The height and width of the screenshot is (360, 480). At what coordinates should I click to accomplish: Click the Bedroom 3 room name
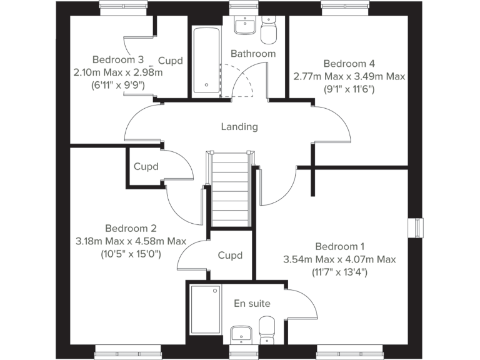tap(118, 60)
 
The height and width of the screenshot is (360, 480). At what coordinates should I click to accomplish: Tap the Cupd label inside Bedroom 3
tap(170, 61)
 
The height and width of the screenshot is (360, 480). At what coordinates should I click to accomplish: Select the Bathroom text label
tap(253, 54)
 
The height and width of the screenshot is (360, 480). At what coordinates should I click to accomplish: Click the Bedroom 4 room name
tap(349, 64)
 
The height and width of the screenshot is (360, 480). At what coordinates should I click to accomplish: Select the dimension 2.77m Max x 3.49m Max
tap(349, 76)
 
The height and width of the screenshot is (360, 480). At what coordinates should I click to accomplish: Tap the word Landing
tap(239, 127)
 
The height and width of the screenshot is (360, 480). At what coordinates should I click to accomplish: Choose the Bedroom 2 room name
tap(131, 229)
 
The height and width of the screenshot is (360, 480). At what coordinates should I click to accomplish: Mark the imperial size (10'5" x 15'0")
tap(131, 254)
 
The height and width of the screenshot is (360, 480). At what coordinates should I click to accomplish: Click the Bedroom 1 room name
tap(339, 246)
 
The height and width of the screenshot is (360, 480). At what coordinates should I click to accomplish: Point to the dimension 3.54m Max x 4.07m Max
tap(339, 259)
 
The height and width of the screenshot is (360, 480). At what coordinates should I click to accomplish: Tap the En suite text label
tap(252, 304)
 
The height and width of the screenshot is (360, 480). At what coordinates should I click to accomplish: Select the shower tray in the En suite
tap(206, 311)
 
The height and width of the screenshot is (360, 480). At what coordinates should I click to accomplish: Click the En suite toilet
tap(267, 327)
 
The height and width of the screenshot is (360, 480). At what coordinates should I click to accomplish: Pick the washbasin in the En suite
tap(240, 334)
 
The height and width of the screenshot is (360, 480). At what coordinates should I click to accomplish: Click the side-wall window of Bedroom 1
tap(414, 227)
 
